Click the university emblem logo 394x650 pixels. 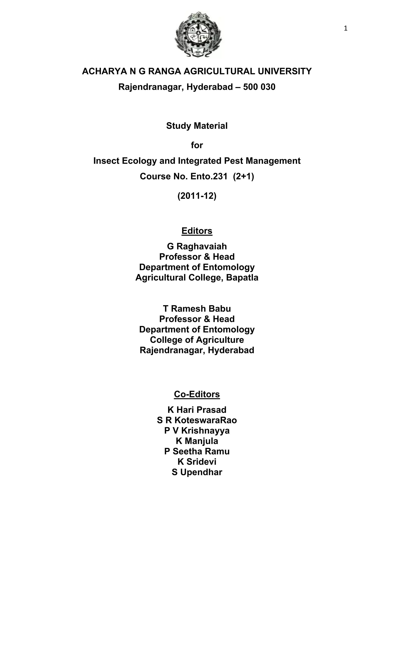[x=198, y=34]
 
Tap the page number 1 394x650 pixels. [x=346, y=29]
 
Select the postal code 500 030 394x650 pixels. [x=259, y=87]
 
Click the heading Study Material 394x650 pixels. [x=197, y=126]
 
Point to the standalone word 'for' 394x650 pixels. [x=197, y=145]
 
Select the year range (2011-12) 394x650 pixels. [x=197, y=196]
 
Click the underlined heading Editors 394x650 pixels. [x=197, y=231]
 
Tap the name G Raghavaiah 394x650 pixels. [x=197, y=246]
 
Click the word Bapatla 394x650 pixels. [x=242, y=277]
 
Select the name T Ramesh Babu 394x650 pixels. [x=197, y=309]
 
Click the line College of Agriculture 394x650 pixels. [x=197, y=340]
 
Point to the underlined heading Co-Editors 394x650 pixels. [x=197, y=394]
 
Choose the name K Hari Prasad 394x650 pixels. [x=197, y=410]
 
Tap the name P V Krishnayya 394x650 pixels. [x=197, y=431]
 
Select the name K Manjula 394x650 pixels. [x=197, y=441]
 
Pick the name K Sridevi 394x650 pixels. [x=197, y=462]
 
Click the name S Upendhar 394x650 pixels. [x=197, y=472]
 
